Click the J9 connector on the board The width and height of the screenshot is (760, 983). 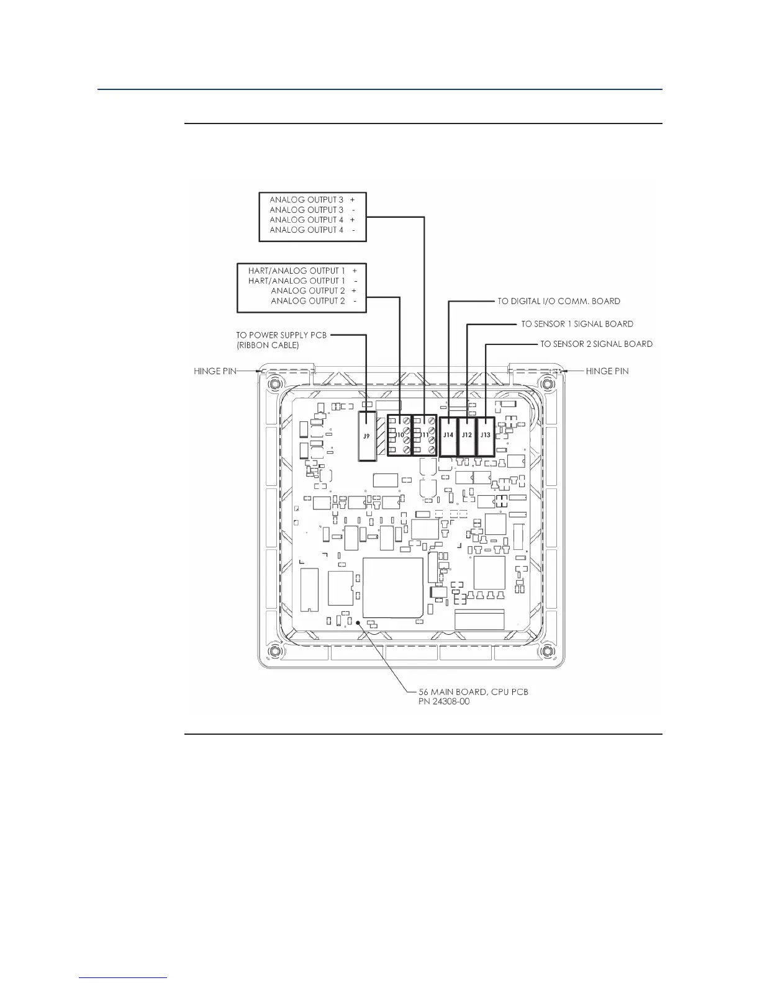(367, 436)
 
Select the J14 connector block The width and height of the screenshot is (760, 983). (448, 435)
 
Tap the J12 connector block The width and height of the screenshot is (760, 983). (466, 435)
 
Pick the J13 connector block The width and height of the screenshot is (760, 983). (485, 435)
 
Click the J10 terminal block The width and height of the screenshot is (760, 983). (399, 435)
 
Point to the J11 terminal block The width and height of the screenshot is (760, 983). (424, 435)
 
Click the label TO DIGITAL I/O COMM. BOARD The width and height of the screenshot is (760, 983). (558, 302)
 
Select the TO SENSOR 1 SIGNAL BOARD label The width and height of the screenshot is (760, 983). (577, 324)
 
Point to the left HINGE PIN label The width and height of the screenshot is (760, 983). (215, 371)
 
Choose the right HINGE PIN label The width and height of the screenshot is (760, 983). (607, 371)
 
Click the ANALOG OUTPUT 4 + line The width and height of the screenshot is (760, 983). (312, 220)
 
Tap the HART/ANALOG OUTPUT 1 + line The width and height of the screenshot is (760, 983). (302, 271)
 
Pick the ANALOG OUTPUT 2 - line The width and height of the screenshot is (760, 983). (314, 301)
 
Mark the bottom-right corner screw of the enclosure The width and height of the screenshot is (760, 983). (546, 650)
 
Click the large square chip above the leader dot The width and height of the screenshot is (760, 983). (392, 587)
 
